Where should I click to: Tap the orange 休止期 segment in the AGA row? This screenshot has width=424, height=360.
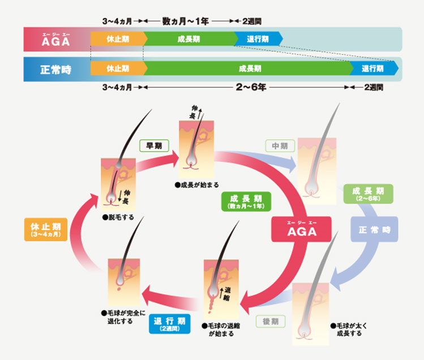[x=119, y=39]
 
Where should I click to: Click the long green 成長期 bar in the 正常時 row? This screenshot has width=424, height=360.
[x=249, y=68]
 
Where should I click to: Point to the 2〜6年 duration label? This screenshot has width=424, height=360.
[x=251, y=87]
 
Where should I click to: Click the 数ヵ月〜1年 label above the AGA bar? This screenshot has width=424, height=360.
[x=185, y=21]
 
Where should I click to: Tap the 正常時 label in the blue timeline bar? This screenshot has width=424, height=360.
[x=55, y=70]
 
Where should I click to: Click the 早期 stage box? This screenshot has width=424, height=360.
[x=154, y=146]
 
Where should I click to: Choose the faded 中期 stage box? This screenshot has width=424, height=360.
[x=280, y=146]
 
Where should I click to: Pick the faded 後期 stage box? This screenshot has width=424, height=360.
[x=271, y=322]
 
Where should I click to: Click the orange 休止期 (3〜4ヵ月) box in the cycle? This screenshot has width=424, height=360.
[x=46, y=229]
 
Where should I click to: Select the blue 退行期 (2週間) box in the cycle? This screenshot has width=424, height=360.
[x=170, y=324]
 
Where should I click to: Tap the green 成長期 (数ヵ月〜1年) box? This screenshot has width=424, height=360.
[x=246, y=202]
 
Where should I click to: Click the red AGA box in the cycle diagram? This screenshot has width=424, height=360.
[x=302, y=229]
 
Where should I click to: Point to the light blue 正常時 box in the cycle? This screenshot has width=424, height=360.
[x=374, y=229]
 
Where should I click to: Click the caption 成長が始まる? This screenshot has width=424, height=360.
[x=197, y=185]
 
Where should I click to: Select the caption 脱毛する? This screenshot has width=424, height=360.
[x=118, y=217]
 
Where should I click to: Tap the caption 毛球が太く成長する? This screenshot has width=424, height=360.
[x=349, y=329]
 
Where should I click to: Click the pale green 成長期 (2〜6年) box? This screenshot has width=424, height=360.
[x=368, y=194]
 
